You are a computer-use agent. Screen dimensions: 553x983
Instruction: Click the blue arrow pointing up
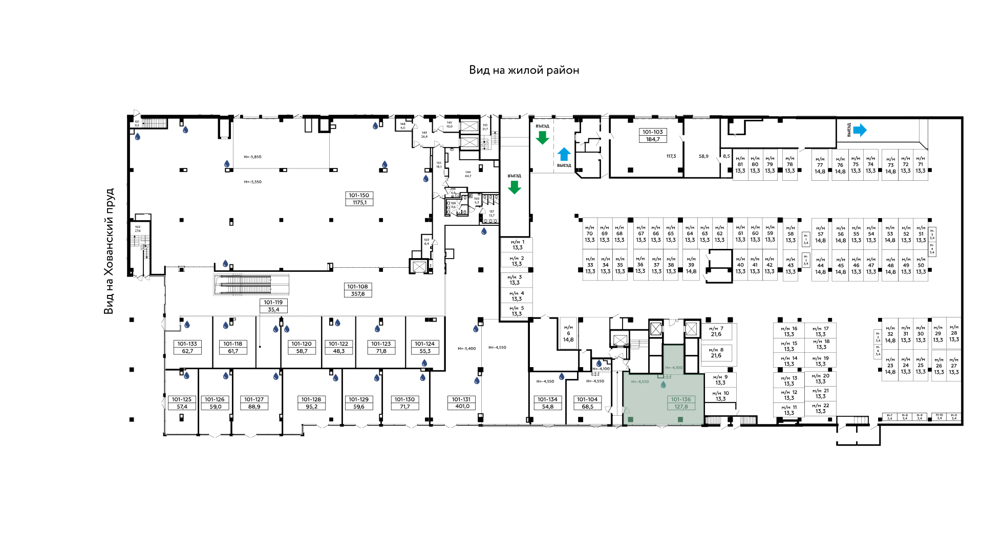pos(564,154)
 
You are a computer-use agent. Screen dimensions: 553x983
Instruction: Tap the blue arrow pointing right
pos(860,130)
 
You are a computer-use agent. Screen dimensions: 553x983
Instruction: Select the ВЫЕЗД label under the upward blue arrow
pos(564,165)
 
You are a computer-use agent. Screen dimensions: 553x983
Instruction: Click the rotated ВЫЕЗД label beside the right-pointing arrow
pos(849,130)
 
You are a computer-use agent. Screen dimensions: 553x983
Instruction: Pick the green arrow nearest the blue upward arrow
pos(542,137)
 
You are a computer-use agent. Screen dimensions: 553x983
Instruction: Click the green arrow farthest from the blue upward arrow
pos(514,187)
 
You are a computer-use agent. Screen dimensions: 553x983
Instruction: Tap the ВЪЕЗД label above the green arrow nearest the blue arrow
pos(543,126)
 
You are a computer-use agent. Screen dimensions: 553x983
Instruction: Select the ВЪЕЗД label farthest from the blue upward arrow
pos(515,176)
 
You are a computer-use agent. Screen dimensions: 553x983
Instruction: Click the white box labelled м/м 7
pos(716,331)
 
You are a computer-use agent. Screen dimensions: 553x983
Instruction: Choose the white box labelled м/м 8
pos(716,353)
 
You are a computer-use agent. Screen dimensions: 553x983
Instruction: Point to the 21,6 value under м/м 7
pos(716,334)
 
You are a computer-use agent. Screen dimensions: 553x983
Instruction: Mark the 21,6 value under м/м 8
pos(716,356)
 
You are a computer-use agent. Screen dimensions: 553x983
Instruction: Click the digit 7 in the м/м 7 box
pos(722,329)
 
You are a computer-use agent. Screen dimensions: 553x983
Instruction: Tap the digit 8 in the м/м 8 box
pos(722,350)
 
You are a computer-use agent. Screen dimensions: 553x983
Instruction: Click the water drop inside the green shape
pos(663,385)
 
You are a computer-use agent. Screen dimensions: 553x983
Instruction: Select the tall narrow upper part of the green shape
pos(673,359)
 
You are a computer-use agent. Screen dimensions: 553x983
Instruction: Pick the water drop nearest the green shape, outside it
pos(599,364)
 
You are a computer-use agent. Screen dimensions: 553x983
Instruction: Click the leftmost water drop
pos(137,137)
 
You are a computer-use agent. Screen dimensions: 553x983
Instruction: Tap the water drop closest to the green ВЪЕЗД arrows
pos(484,231)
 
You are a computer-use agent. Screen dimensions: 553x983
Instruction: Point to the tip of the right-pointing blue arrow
pos(866,130)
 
